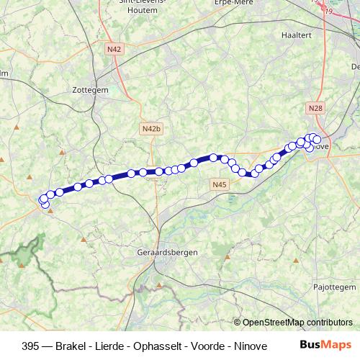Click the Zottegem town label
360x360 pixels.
(90, 90)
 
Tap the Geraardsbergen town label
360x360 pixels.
(167, 253)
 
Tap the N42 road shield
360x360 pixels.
(113, 49)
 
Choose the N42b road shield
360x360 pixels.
(150, 128)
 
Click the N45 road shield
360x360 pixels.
(220, 185)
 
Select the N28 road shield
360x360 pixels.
(315, 108)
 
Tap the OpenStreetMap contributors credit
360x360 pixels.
(297, 322)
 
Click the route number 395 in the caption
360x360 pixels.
(31, 346)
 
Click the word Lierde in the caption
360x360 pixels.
(115, 346)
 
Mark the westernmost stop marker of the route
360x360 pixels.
(43, 199)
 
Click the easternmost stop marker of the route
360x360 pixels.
(317, 139)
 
